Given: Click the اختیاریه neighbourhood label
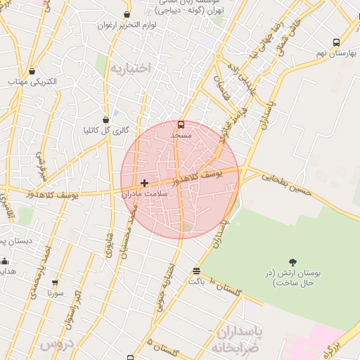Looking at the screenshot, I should click(x=131, y=67).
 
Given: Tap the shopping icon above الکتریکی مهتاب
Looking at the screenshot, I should click(x=33, y=70).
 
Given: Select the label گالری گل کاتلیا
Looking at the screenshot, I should click(x=105, y=130).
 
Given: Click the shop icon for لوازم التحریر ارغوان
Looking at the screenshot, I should click(x=127, y=14).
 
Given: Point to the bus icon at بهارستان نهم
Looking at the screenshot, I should click(x=336, y=42).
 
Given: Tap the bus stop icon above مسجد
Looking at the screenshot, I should click(x=181, y=122).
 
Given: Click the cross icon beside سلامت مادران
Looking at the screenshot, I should click(x=145, y=183).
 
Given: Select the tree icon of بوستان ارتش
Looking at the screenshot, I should click(x=292, y=262).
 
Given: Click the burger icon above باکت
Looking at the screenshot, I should click(x=196, y=271).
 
